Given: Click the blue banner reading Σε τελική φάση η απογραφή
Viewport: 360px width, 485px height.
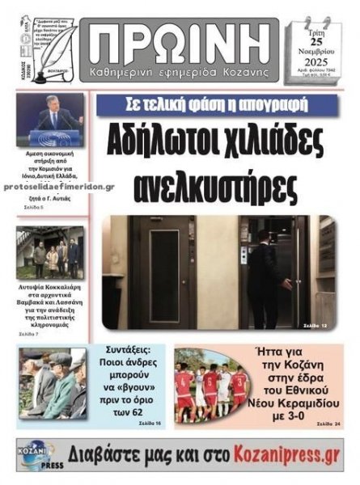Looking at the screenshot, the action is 213,106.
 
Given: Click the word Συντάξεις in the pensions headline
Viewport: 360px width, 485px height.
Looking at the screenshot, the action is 129,352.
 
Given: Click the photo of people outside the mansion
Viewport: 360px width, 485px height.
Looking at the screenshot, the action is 49,253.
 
